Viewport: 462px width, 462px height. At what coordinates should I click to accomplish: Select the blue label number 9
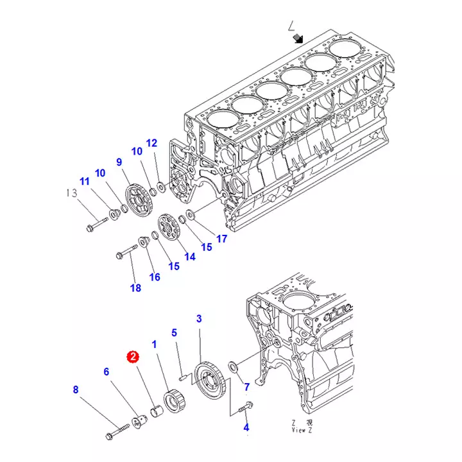click(x=119, y=162)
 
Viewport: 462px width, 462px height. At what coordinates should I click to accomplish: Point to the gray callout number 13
click(x=71, y=193)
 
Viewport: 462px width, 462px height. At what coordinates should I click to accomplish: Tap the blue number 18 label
click(x=135, y=288)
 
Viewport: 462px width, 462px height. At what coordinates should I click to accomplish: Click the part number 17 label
click(x=221, y=239)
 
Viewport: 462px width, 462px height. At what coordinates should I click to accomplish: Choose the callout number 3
click(x=199, y=318)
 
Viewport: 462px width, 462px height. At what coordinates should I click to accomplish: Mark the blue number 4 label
click(x=246, y=427)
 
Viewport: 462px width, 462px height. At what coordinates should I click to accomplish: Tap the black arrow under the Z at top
click(x=298, y=39)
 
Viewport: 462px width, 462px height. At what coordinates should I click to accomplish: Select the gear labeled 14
click(x=168, y=229)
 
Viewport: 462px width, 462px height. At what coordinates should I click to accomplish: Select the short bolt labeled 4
click(x=247, y=406)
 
